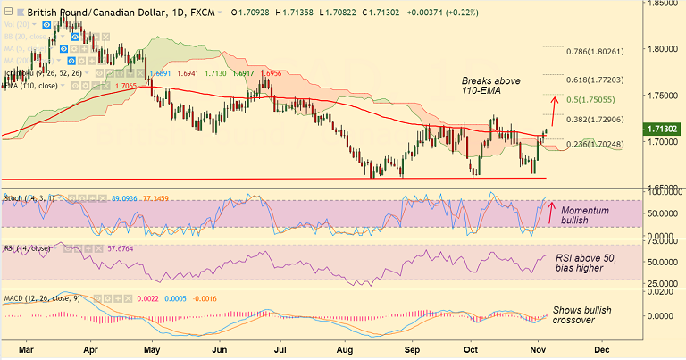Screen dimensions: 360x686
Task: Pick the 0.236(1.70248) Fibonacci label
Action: pyautogui.click(x=590, y=144)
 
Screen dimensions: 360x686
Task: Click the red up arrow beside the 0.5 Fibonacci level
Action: pyautogui.click(x=554, y=110)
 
